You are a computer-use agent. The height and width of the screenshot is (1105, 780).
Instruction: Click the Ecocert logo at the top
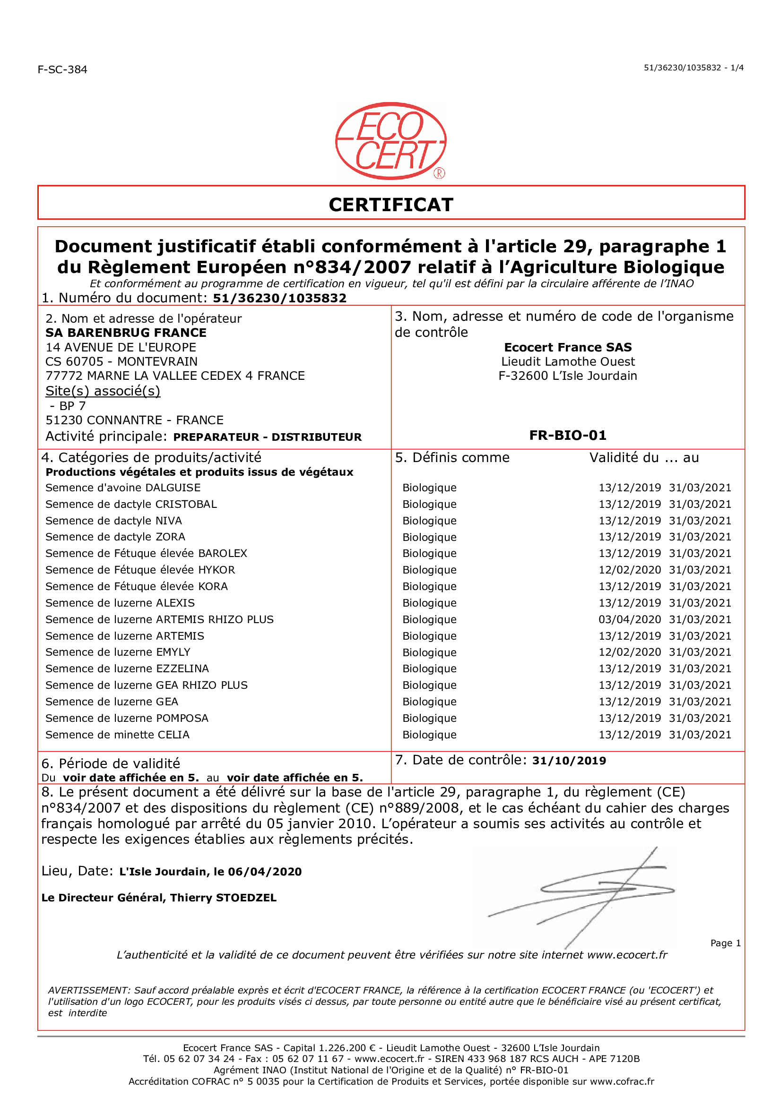(x=390, y=141)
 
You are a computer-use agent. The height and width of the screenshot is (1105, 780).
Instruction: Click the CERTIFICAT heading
(x=390, y=205)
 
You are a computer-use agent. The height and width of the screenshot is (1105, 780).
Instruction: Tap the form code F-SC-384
(x=62, y=69)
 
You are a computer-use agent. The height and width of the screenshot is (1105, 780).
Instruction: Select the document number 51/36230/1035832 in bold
(x=279, y=299)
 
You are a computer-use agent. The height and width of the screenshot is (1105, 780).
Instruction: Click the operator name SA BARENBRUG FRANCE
(x=126, y=333)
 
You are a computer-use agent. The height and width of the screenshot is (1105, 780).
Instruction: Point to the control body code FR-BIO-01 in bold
(x=567, y=436)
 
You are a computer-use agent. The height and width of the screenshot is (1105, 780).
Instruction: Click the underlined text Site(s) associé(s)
(x=103, y=391)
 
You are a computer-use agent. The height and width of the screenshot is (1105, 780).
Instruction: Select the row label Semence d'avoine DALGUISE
(x=123, y=488)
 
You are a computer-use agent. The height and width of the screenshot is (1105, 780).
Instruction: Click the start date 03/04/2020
(x=629, y=619)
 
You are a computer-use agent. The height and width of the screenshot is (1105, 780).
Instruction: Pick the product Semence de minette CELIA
(x=118, y=735)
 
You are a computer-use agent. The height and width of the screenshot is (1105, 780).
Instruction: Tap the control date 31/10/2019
(x=569, y=761)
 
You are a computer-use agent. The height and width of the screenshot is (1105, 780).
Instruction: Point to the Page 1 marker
(x=725, y=943)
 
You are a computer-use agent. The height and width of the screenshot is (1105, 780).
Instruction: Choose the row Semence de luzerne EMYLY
(x=118, y=652)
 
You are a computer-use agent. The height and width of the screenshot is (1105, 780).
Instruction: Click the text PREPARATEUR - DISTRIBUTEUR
(x=267, y=437)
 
